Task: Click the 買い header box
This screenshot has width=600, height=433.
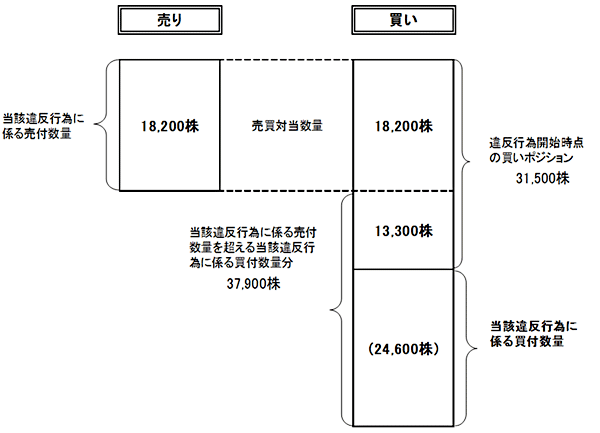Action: pyautogui.click(x=404, y=21)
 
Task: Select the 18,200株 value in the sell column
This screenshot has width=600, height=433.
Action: pyautogui.click(x=169, y=126)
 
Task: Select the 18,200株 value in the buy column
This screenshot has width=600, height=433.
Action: pyautogui.click(x=404, y=126)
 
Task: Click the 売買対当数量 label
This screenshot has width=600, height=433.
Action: pyautogui.click(x=286, y=126)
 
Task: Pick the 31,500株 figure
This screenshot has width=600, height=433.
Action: pyautogui.click(x=543, y=179)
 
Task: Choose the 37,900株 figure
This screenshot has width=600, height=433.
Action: pyautogui.click(x=254, y=284)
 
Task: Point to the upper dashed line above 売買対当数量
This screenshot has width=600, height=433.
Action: pyautogui.click(x=286, y=61)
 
